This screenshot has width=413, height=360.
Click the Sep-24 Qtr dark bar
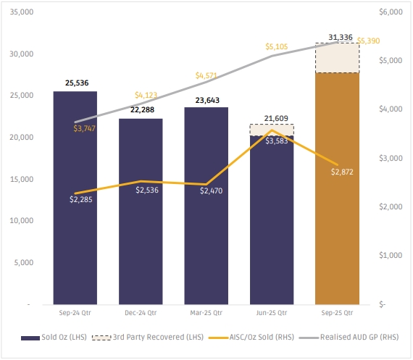pos(75,198)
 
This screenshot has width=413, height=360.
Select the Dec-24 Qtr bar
pos(141,212)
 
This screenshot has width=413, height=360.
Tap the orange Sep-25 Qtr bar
pos(337,188)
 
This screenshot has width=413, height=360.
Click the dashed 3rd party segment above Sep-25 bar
pos(338,58)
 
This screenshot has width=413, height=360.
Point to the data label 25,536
pos(77,83)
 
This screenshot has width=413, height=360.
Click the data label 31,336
pos(341,38)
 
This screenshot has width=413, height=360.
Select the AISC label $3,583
pos(276,141)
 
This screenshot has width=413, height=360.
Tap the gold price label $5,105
pos(277,46)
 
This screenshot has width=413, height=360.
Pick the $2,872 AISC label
pos(342,172)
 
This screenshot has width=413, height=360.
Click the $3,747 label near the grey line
pos(84,128)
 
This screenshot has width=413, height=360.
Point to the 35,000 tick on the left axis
pos(22,12)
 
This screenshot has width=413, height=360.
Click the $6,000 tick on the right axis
pos(391,12)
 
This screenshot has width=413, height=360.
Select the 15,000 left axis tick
pos(22,179)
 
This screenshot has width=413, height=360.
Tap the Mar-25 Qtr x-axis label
pos(206,313)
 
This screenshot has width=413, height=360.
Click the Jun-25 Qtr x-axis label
pos(272,313)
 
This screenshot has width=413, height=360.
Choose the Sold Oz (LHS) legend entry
pos(54,338)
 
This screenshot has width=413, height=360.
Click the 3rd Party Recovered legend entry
pos(148,338)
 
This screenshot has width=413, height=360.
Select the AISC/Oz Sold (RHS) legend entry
pos(251,338)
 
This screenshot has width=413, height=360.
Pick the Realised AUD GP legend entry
pos(349,338)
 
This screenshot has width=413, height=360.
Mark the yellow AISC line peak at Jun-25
pos(272,130)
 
